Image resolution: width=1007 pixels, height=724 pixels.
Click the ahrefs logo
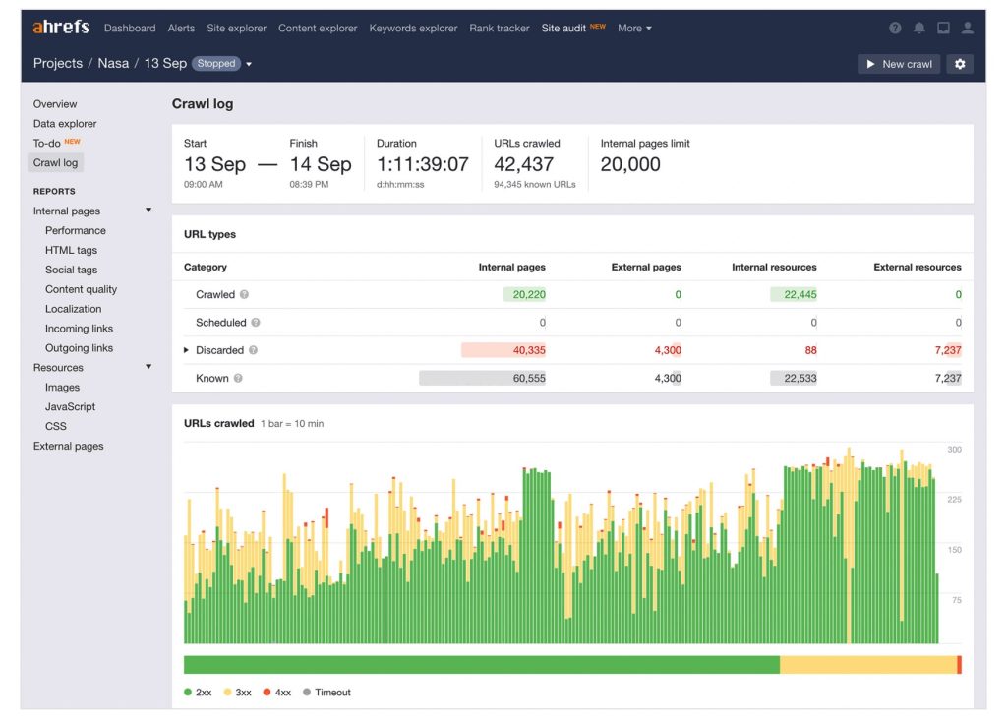point(61,28)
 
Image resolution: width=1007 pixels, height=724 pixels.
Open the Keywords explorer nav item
point(413,29)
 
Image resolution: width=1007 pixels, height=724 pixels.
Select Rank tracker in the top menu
point(499,29)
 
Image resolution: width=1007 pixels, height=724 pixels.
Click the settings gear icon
point(960,64)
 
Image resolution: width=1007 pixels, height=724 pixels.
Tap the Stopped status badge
point(216,64)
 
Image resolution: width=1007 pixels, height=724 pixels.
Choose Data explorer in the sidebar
point(65,124)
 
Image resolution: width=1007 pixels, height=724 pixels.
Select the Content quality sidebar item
point(81,289)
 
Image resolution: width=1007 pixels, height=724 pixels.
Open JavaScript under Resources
point(70,406)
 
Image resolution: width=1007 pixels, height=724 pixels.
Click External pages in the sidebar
point(68,446)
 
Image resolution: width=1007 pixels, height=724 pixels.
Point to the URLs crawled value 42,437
point(523,164)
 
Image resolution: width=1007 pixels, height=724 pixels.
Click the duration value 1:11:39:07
point(422,164)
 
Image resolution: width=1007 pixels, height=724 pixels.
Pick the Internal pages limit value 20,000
point(630,164)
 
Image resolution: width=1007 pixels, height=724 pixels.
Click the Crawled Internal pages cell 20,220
point(528,294)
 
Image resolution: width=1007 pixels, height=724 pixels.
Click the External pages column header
point(646,267)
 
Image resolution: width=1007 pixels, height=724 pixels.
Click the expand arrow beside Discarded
point(187,350)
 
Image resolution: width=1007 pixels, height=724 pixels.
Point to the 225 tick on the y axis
point(954,500)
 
